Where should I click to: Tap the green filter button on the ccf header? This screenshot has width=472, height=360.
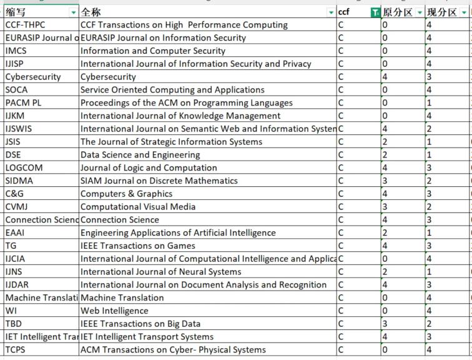click(x=375, y=12)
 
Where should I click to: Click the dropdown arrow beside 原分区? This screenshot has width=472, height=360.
click(x=420, y=12)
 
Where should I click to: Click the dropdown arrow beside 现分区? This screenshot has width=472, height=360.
click(x=463, y=12)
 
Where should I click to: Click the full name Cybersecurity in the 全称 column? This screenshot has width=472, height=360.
click(x=108, y=77)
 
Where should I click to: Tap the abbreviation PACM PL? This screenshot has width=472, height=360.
click(x=23, y=102)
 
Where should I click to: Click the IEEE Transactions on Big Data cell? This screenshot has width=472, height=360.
click(x=140, y=324)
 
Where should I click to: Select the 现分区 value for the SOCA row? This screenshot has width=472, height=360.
click(x=429, y=90)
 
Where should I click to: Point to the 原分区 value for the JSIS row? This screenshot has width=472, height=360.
click(x=385, y=142)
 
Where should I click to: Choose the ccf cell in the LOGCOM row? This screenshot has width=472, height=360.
click(x=341, y=167)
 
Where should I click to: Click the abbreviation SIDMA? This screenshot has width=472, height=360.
click(x=19, y=181)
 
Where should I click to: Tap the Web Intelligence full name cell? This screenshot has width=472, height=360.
click(x=114, y=311)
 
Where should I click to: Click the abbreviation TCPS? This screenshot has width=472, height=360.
click(x=16, y=350)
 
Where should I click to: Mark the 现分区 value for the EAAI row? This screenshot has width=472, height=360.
click(x=429, y=233)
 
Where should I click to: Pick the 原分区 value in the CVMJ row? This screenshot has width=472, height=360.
click(x=385, y=207)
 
